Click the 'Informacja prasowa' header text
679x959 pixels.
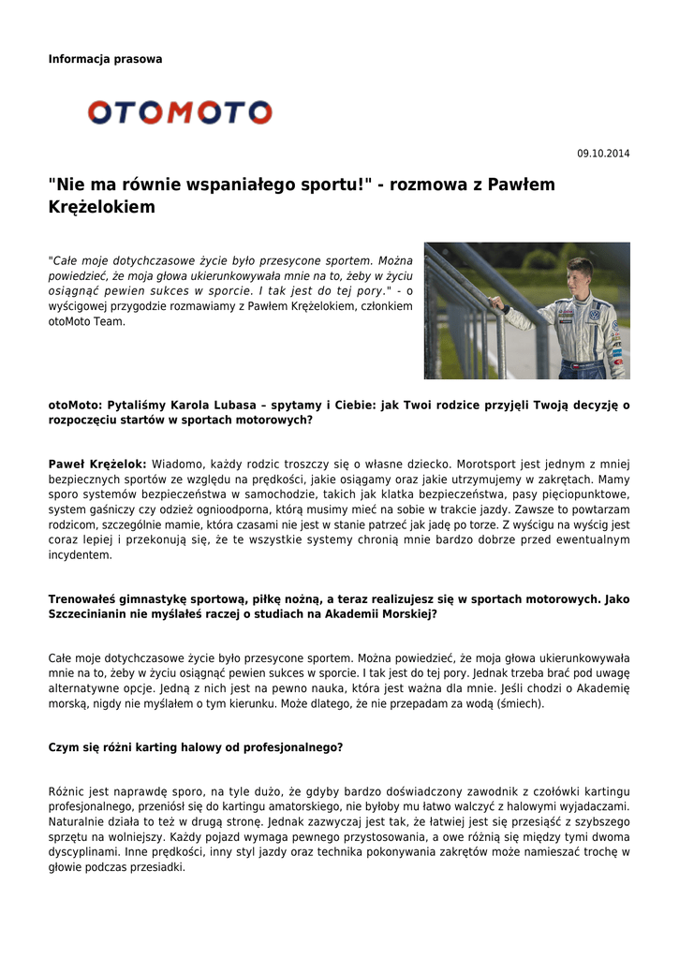tap(105, 59)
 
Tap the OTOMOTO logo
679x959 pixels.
tap(180, 113)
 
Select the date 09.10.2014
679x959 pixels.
tap(603, 154)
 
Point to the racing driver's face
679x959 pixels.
tap(581, 277)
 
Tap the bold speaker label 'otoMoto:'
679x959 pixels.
tap(76, 406)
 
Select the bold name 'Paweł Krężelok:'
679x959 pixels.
tap(97, 464)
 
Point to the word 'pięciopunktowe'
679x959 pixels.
tap(582, 494)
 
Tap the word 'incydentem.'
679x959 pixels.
tap(81, 554)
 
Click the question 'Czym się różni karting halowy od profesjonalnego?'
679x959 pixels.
tap(196, 747)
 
